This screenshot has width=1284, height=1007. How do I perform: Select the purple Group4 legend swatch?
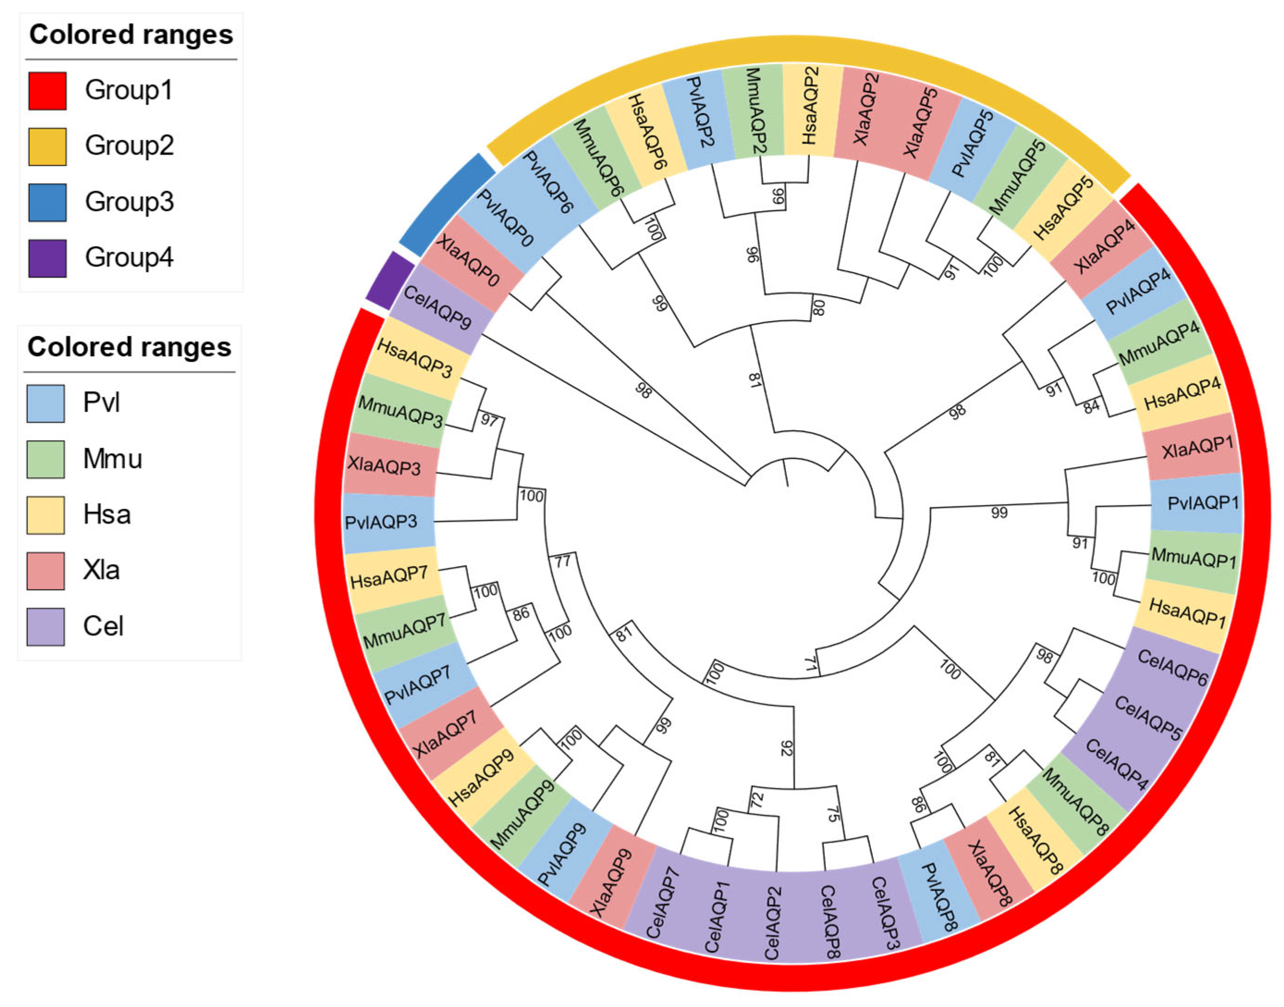point(47,258)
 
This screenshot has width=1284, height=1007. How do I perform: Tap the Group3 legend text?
point(129,201)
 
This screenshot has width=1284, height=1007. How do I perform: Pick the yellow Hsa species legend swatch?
point(45,515)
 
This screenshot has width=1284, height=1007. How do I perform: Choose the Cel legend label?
point(103,626)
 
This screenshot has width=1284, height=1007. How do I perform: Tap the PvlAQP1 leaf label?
point(1203,503)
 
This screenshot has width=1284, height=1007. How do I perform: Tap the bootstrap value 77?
point(563,561)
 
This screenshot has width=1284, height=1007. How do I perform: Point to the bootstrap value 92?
point(787,748)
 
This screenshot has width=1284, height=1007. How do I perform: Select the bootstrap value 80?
point(818,307)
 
